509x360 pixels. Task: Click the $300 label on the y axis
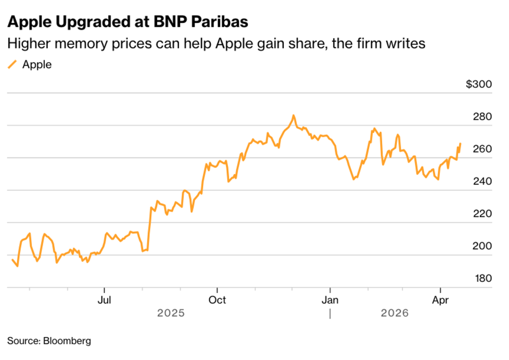click(478, 85)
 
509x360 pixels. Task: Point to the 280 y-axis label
click(482, 117)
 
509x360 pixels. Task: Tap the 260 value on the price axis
click(482, 149)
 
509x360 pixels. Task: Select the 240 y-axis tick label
click(482, 181)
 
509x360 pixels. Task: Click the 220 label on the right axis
click(482, 214)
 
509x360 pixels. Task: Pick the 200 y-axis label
click(482, 246)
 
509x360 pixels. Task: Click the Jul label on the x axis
click(104, 300)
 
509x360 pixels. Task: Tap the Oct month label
click(217, 300)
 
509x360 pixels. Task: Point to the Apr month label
click(440, 300)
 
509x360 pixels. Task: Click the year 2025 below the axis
click(171, 313)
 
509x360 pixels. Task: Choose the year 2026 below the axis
click(394, 313)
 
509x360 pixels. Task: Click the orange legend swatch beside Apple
click(12, 65)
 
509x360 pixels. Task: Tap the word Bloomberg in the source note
click(67, 341)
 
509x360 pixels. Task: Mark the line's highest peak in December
click(293, 115)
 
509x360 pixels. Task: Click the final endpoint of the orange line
click(460, 143)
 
